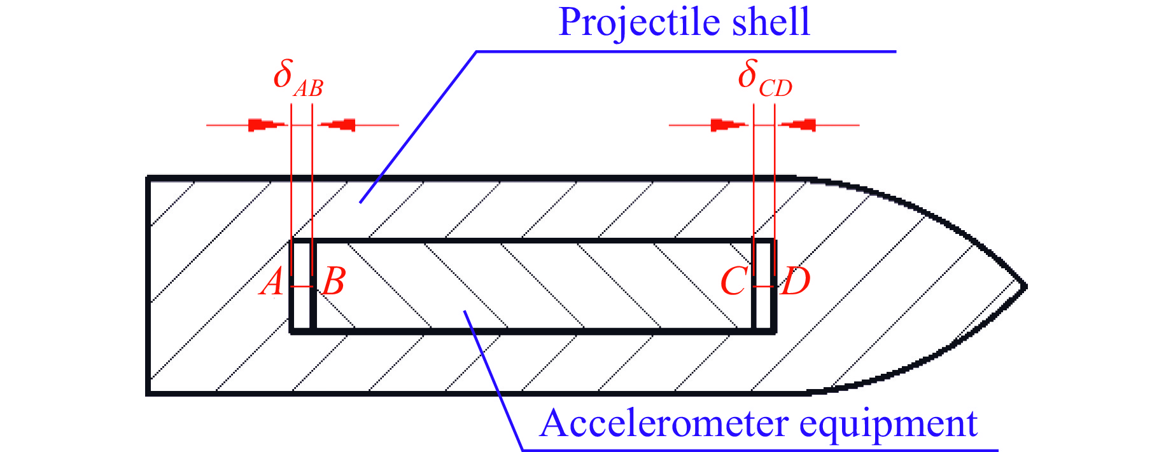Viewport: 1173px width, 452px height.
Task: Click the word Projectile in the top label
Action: tap(639, 23)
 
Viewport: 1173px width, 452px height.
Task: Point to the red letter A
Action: tap(272, 282)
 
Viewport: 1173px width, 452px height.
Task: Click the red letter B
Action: tap(334, 281)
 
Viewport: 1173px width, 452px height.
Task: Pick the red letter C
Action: tap(733, 281)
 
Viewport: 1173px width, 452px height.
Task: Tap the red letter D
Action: tap(796, 281)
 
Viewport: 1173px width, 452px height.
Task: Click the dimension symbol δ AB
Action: tap(297, 79)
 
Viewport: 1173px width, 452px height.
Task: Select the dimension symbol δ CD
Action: tap(764, 79)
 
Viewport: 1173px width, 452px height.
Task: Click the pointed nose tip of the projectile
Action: tap(1025, 286)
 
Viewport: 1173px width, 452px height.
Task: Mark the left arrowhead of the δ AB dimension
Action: tap(267, 125)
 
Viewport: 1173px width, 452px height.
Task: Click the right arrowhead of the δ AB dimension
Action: tap(337, 125)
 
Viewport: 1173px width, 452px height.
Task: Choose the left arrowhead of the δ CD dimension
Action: tap(729, 125)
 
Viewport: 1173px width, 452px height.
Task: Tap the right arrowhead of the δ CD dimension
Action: tap(798, 125)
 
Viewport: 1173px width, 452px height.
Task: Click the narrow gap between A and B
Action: tap(302, 305)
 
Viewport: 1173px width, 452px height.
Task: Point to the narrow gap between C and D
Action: tap(764, 305)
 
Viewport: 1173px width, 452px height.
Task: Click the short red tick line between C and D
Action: tap(764, 287)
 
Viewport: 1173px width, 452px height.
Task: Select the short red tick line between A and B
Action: tap(302, 287)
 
